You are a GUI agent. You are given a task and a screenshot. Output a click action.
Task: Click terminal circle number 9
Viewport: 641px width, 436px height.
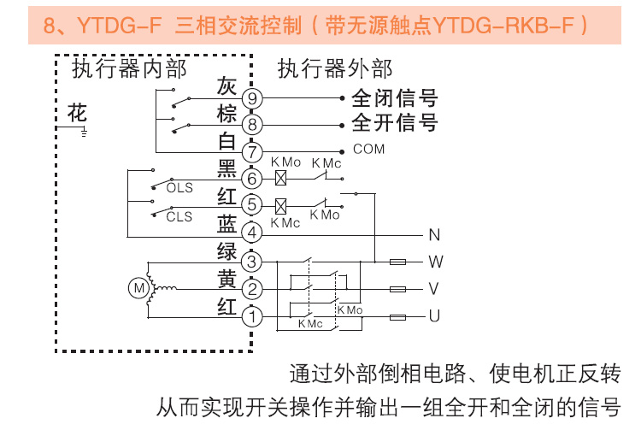[252, 98]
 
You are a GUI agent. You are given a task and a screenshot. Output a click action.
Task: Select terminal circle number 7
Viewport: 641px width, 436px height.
[252, 152]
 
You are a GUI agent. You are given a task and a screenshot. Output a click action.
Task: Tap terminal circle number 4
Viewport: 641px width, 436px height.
[252, 233]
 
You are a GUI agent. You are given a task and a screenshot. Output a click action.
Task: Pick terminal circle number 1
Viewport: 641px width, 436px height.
[252, 317]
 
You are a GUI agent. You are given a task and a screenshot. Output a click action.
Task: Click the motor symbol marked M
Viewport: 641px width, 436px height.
[138, 288]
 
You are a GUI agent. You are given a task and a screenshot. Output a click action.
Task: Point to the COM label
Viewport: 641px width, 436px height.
[368, 150]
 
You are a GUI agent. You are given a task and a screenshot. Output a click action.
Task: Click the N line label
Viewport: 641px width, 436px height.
[433, 233]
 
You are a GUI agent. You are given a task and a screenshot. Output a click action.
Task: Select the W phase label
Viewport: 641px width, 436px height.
[435, 261]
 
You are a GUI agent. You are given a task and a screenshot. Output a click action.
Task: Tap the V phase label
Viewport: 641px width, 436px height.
[434, 289]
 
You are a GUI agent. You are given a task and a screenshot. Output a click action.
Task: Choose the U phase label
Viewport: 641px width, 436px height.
[434, 317]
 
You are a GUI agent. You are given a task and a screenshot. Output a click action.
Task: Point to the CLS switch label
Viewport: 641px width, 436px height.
[179, 217]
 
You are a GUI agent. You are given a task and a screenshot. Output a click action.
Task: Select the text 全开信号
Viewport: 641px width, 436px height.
[394, 124]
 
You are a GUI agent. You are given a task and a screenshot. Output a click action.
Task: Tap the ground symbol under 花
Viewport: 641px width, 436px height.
[83, 133]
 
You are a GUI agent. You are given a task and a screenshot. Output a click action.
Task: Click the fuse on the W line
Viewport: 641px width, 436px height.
[397, 261]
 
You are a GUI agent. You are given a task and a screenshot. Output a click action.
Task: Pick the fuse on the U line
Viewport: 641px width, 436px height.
[397, 317]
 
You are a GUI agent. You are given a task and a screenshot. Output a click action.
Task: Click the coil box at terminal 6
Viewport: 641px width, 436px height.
[280, 179]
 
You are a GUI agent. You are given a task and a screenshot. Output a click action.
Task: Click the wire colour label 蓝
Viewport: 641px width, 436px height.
[226, 224]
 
